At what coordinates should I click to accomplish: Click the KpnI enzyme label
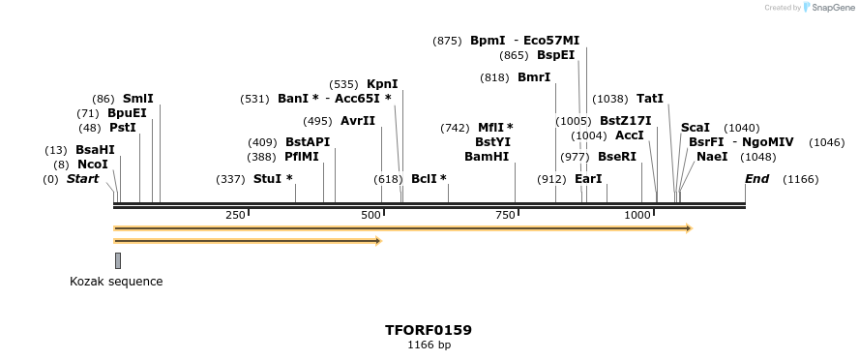tap(382, 84)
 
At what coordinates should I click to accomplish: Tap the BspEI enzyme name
tap(555, 55)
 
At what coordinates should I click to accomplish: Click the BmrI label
tap(534, 77)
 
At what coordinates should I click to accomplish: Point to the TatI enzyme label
tap(650, 99)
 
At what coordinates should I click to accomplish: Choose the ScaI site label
tap(695, 128)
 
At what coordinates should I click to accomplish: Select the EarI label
tap(588, 179)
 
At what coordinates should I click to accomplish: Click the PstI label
tap(122, 128)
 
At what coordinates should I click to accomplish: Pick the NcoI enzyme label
tap(93, 165)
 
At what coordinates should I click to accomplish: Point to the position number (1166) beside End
tap(800, 179)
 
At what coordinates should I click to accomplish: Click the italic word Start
tap(82, 179)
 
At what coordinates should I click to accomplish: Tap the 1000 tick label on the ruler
tap(637, 215)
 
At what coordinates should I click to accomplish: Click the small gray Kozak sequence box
tap(118, 260)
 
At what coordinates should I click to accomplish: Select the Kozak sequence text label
tap(116, 282)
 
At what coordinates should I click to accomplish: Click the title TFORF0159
tap(429, 330)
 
